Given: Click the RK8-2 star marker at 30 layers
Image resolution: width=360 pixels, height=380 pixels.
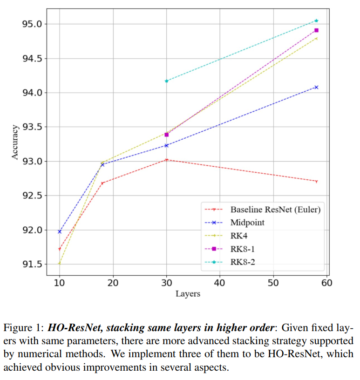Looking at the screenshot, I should click(166, 81).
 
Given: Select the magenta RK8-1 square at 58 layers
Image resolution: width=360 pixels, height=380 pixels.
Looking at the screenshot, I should click(316, 30).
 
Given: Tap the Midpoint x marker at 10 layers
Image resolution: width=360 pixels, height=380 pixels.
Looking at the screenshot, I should click(59, 231).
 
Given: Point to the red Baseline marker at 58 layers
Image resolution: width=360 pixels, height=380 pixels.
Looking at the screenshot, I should click(316, 181).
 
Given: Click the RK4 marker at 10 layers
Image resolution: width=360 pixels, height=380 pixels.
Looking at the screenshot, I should click(59, 263).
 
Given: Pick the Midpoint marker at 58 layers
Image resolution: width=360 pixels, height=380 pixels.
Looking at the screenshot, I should click(316, 87).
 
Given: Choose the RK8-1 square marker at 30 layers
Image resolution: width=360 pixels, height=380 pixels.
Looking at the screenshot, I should click(166, 135).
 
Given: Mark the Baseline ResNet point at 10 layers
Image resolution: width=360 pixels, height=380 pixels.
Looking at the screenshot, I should click(59, 249).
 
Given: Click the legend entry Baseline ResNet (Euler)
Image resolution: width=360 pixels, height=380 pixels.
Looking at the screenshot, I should click(275, 209).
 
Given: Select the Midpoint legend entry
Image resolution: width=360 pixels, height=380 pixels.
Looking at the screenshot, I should click(247, 223).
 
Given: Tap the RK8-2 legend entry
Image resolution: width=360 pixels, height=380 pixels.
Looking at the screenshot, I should click(243, 262).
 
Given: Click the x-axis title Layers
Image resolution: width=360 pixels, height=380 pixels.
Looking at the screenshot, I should click(188, 294).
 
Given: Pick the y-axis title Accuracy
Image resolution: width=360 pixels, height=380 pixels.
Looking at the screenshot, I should click(15, 142).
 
